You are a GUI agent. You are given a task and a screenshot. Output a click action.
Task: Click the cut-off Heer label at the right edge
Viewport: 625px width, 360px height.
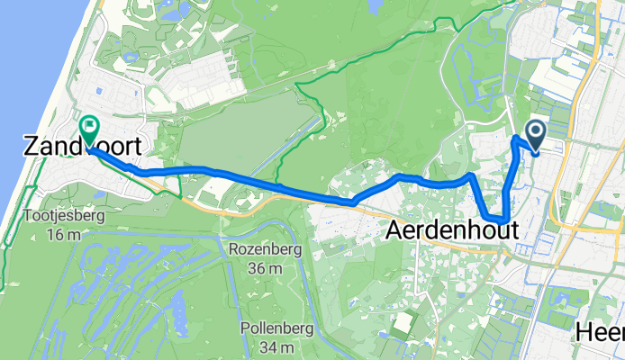[x=601, y=333]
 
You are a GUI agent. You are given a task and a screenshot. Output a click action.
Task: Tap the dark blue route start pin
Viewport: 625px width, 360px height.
[x=535, y=135]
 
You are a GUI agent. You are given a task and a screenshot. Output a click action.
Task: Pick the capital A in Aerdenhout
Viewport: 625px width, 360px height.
[x=394, y=231]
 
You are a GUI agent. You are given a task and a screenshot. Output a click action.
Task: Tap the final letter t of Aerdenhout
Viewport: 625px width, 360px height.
[x=513, y=231]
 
